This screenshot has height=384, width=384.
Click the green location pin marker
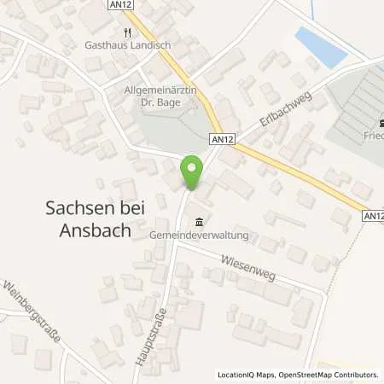[x=193, y=172]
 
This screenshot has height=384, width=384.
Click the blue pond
[x=320, y=44]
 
